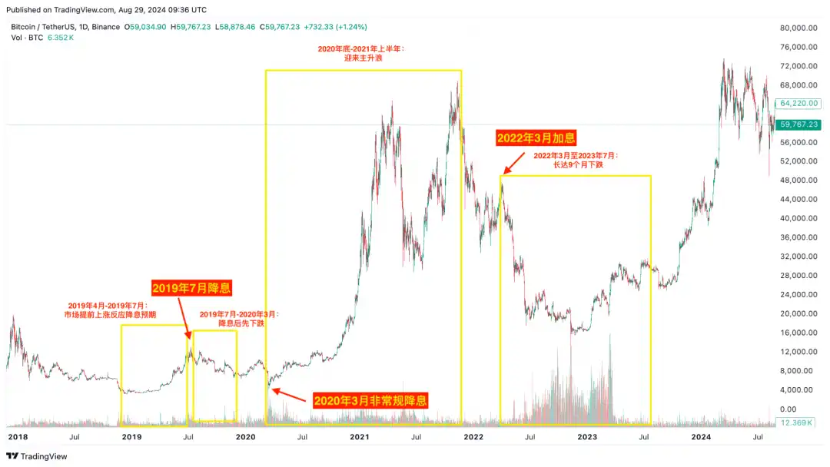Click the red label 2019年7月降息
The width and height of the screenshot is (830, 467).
click(x=191, y=289)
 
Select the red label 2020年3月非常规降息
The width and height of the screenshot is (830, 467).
click(x=370, y=400)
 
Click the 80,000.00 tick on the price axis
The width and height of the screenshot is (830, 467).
click(x=797, y=28)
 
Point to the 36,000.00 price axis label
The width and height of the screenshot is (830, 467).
click(x=797, y=237)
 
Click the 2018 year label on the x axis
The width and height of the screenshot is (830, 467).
click(x=17, y=436)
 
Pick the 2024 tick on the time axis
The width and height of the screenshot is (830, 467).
click(x=701, y=436)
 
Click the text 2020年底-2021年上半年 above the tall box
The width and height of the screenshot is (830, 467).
click(x=361, y=48)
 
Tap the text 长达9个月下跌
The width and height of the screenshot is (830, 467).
click(x=576, y=164)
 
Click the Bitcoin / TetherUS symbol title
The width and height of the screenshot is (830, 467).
click(x=46, y=27)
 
